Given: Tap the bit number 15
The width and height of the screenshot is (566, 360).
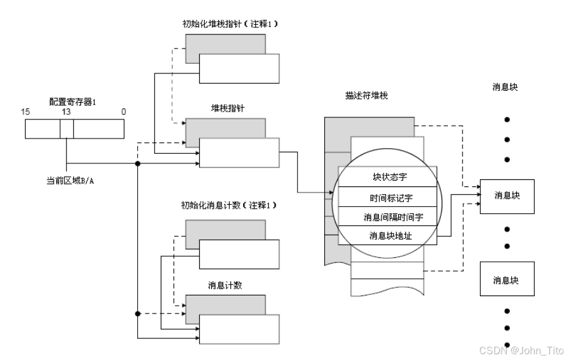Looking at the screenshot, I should [26, 112].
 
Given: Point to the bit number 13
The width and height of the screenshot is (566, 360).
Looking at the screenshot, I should [66, 112].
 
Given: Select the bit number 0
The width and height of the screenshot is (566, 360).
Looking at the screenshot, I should [123, 112].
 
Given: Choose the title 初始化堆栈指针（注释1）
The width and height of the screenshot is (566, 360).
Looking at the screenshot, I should [230, 24].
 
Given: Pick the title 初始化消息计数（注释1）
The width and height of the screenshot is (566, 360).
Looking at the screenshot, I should [230, 206].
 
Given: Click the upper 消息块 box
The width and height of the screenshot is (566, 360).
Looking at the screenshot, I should [506, 194].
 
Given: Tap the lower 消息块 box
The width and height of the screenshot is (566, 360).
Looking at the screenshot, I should [506, 280].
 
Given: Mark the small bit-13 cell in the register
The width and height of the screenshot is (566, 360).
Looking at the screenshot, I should [66, 130].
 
